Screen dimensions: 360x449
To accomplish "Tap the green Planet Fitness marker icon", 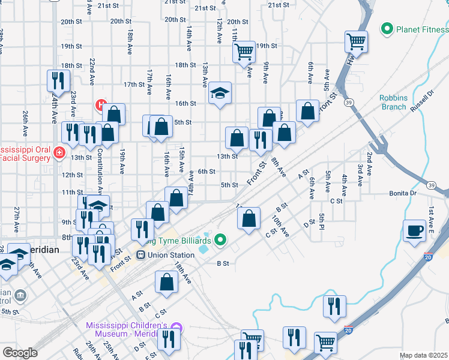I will coord(387,28).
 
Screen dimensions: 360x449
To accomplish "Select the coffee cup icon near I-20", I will coord(414,232).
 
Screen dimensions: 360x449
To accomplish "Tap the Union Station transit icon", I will coord(140,255).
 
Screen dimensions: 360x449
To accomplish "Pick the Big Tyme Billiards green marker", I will coord(220,241).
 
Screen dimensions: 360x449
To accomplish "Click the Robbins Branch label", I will coord(394,103).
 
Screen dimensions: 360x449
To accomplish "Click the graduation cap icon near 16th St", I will coord(220,94).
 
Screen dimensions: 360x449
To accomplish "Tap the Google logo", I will coord(20,352).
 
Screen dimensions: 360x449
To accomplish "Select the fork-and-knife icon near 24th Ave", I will coord(58,80).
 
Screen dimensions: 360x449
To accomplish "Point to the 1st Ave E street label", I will coord(430,220).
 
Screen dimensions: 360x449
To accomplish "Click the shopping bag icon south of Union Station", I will coord(166,282).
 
